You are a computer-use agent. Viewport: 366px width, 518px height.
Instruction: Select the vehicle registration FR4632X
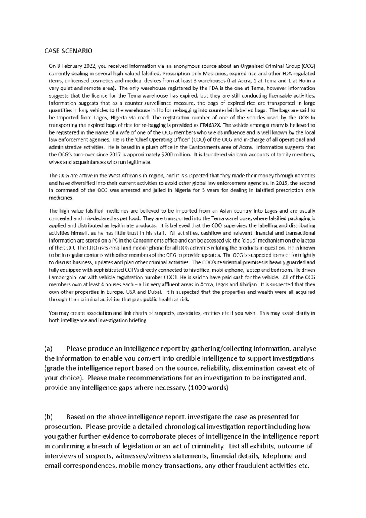pos(215,125)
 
